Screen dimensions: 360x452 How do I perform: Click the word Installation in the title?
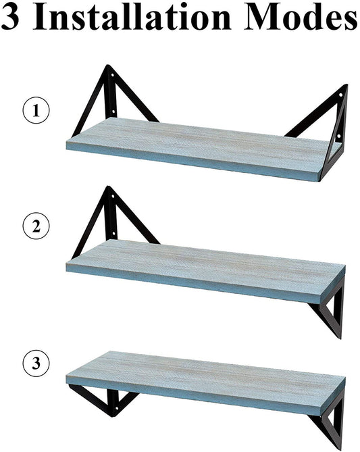[x=132, y=17]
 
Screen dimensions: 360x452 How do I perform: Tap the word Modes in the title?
[x=301, y=17]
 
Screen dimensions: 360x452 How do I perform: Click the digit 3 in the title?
[x=10, y=18]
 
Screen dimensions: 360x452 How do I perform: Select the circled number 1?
[x=36, y=110]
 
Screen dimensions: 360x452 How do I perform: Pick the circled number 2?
[x=36, y=226]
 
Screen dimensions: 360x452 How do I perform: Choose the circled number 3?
[x=36, y=363]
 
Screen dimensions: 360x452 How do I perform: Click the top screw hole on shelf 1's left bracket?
[x=112, y=75]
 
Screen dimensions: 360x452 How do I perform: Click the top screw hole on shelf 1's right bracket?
[x=340, y=95]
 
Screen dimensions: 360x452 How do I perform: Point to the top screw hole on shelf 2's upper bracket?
[x=113, y=197]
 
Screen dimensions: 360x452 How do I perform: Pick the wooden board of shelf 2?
[x=205, y=271]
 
